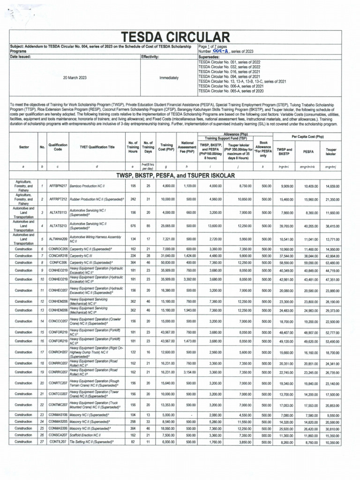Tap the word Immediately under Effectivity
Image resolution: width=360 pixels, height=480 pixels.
coord(169,77)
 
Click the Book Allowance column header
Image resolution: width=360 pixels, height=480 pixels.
coord(262,147)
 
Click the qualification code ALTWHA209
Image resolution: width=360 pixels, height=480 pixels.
coord(58,239)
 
